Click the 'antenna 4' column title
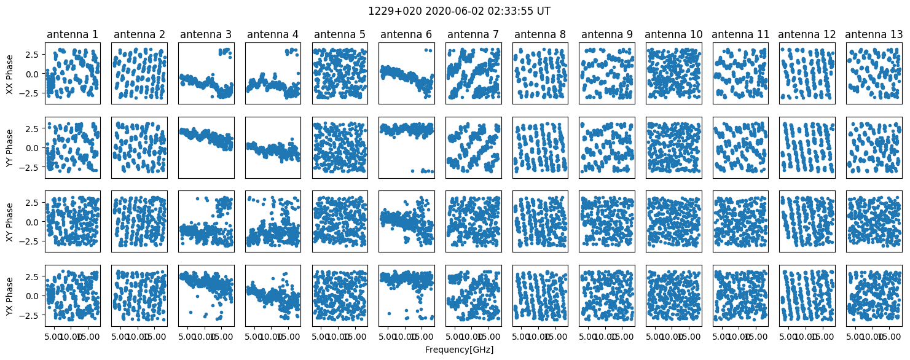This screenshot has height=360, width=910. (273, 34)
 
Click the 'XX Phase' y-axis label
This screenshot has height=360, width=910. (9, 74)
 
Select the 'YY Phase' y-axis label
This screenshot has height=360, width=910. (9, 147)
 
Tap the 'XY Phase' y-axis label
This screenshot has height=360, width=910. (9, 221)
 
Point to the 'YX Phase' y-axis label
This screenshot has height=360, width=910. (9, 295)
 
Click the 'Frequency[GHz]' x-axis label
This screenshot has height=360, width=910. (459, 350)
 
